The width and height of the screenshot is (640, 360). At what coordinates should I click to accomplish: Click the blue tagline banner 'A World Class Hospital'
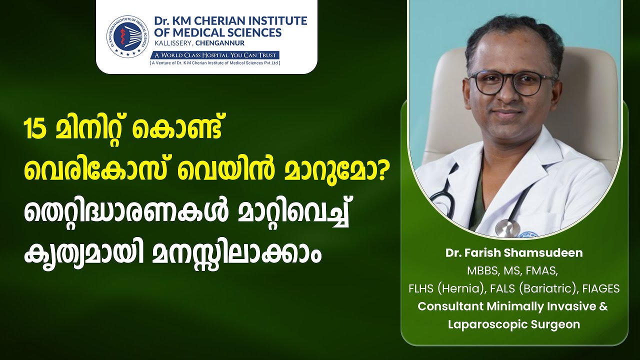214,55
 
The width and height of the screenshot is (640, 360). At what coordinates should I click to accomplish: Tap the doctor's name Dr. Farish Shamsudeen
514,253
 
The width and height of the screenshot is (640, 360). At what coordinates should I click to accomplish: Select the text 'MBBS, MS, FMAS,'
512,271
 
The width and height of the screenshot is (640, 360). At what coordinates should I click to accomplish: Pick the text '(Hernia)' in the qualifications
461,289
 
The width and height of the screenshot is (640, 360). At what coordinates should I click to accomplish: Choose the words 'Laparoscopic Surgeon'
513,324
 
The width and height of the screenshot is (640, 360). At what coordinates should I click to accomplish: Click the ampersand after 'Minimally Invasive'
603,306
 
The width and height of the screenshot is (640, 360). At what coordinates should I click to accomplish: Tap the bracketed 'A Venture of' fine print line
215,63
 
